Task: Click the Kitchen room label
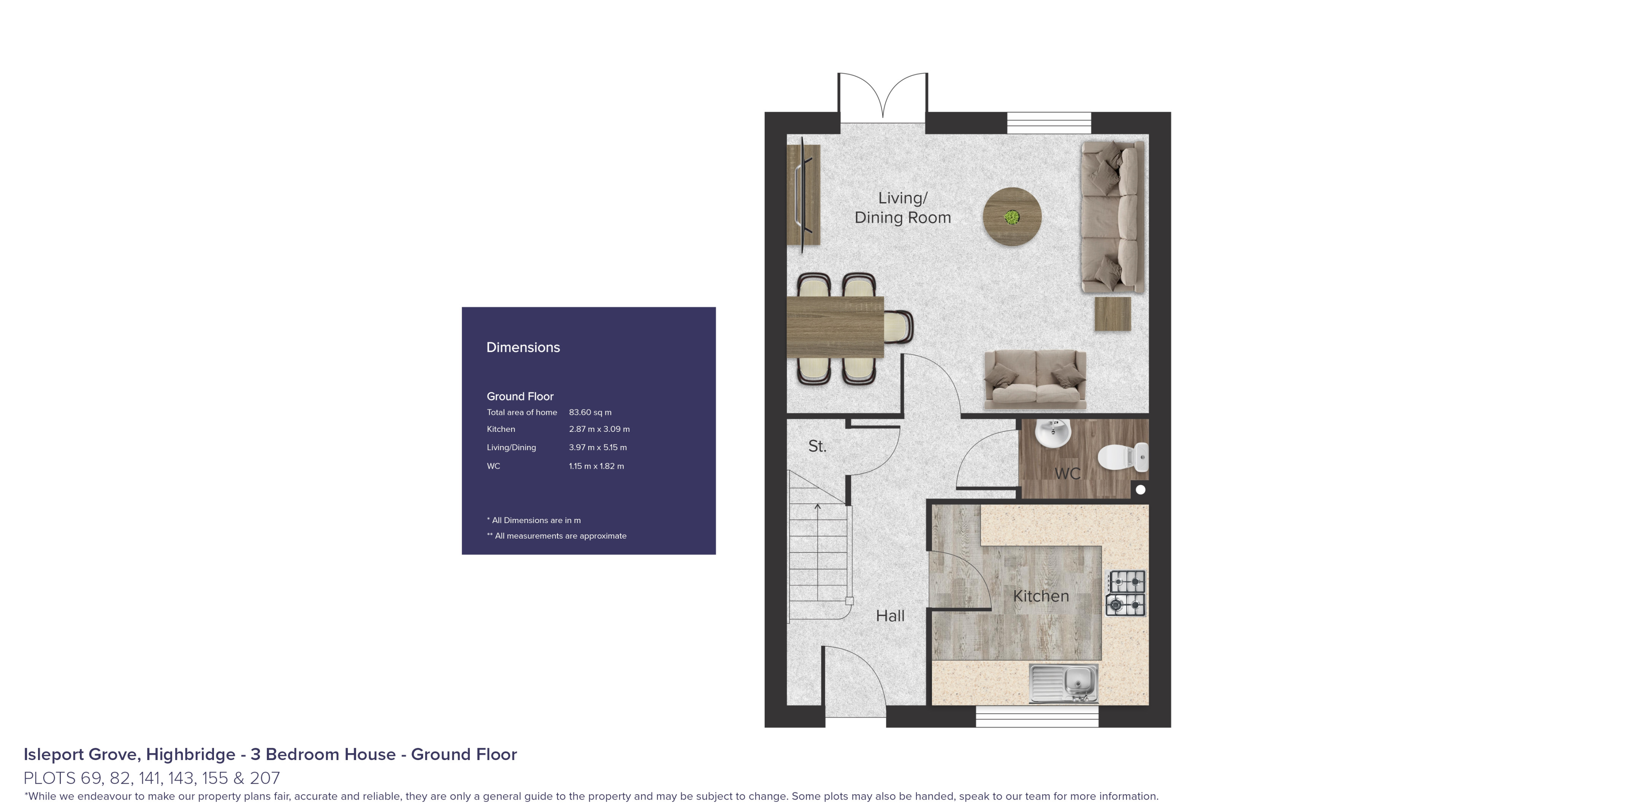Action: [1040, 596]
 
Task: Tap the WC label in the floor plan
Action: [1067, 473]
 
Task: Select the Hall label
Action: [890, 615]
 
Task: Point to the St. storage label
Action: [817, 446]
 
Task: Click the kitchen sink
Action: [1063, 683]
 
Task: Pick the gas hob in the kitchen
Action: [1126, 593]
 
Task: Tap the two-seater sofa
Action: [1035, 379]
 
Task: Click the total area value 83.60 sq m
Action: [590, 412]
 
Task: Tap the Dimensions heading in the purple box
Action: [523, 347]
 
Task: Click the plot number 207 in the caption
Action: [265, 778]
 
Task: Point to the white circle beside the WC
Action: [1140, 489]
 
